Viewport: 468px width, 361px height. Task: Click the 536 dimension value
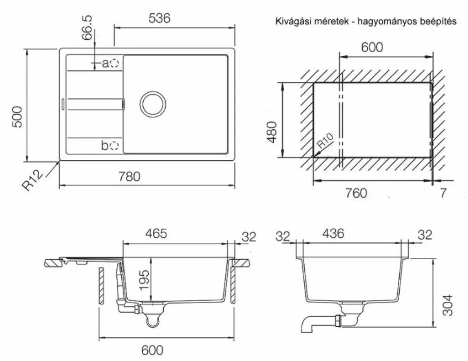(x=160, y=18)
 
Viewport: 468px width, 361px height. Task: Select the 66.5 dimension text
(x=87, y=28)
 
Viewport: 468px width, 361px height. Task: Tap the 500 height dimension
(x=17, y=117)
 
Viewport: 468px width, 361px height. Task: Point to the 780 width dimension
(x=129, y=176)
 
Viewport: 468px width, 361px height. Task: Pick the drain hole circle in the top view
(x=153, y=104)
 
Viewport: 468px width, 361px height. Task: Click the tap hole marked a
(x=114, y=63)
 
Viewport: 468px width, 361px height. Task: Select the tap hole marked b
(x=114, y=146)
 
